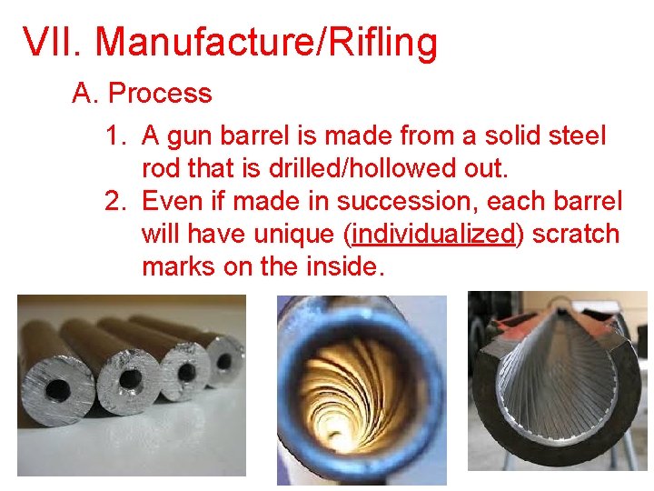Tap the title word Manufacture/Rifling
click(265, 43)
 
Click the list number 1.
click(115, 136)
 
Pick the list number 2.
click(115, 200)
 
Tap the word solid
click(500, 136)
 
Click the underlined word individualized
click(433, 234)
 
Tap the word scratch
click(575, 234)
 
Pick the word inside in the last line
click(345, 266)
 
